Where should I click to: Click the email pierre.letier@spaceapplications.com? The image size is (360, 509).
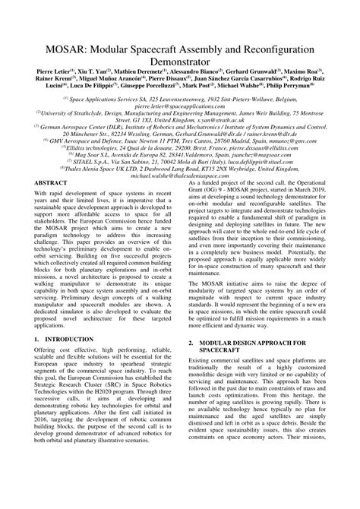coord(180,108)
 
